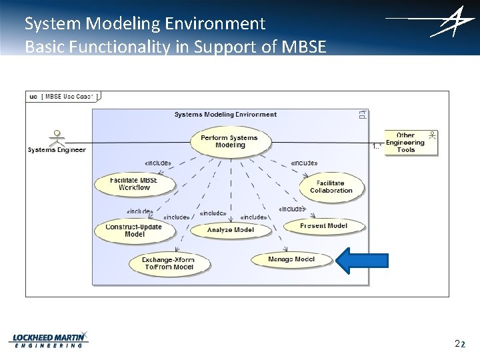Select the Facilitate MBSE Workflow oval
134,183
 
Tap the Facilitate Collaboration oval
331,187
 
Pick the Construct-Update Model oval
134,230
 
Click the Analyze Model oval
230,230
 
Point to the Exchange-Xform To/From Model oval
169,263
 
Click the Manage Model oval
291,259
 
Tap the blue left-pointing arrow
361,261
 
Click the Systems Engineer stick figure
59,137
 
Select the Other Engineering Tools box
411,143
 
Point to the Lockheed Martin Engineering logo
49,339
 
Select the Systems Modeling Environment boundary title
225,114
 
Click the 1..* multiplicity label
377,147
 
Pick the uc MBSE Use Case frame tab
62,97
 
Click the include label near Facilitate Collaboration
304,163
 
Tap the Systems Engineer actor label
57,150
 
